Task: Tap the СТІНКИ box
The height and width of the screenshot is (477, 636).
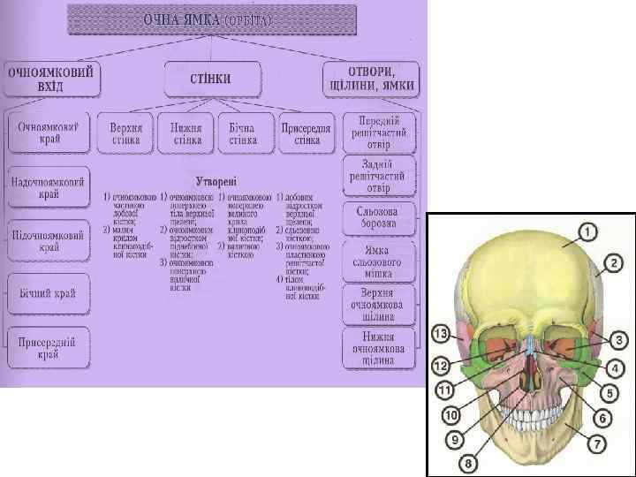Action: pos(212,79)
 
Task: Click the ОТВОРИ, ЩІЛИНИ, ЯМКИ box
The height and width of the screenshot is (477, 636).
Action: pos(371,79)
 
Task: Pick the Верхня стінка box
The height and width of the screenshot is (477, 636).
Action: pos(125,133)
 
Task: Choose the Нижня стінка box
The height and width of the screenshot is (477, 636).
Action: pos(186,133)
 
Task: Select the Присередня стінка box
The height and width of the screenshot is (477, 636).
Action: pos(307,133)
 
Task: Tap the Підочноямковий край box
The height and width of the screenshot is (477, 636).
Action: pos(49,242)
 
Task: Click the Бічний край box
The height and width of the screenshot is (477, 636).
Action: pos(49,294)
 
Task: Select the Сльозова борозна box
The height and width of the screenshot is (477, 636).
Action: pos(378,217)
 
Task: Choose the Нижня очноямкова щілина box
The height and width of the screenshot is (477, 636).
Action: pos(378,348)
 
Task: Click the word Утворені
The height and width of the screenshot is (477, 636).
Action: pos(216,178)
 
